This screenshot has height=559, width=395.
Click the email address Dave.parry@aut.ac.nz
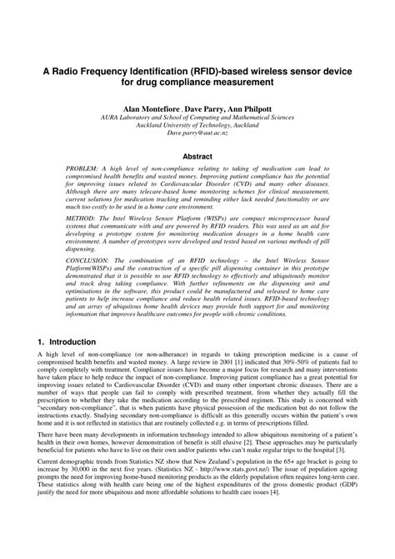pos(197,133)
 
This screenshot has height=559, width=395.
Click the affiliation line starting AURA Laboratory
pos(197,118)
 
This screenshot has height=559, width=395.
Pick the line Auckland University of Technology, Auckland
pos(197,125)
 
